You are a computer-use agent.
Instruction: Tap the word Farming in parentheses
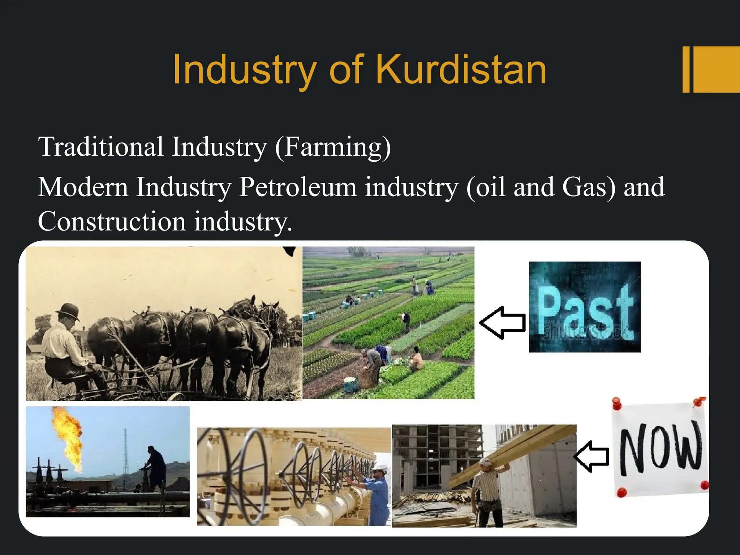(x=332, y=147)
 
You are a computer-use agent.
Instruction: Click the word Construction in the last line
(x=112, y=221)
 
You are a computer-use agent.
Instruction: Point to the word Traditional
(x=101, y=147)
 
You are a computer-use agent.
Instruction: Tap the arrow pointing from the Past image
(x=502, y=323)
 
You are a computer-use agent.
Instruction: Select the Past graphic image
(x=585, y=307)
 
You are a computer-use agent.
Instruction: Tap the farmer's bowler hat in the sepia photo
(x=69, y=311)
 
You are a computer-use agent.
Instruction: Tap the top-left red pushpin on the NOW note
(x=617, y=402)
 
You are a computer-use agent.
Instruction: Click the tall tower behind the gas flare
(x=125, y=452)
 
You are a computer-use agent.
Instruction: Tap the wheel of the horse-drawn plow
(x=176, y=396)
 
